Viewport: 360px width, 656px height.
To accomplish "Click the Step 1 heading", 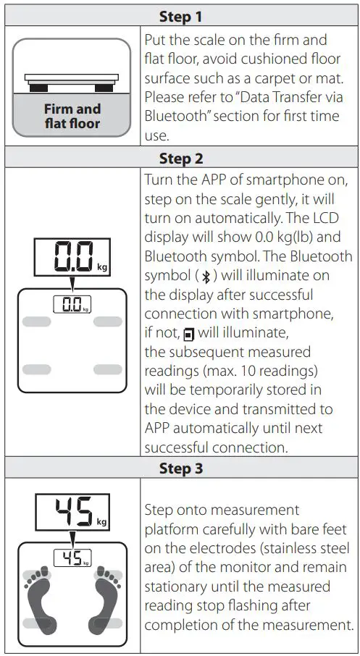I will [180, 16].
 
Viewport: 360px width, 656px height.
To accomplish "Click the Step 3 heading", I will [180, 468].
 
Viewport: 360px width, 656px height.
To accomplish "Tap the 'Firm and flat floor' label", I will [72, 116].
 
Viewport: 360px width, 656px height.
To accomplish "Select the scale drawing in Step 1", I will [72, 81].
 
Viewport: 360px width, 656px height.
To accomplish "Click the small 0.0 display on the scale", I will [72, 305].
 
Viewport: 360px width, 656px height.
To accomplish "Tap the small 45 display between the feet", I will [72, 558].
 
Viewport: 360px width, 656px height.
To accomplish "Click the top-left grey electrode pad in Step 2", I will [37, 321].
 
